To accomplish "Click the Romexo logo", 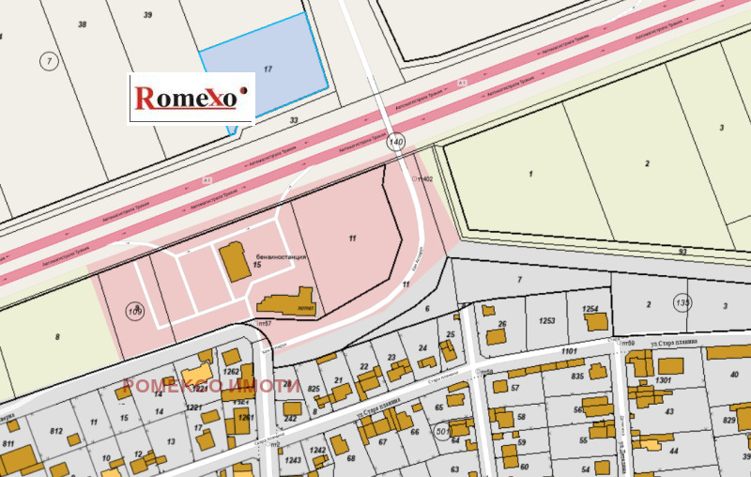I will click(191, 97).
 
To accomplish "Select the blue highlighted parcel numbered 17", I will click(268, 68).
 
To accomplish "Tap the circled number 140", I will click(396, 142).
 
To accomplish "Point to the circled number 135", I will click(682, 302).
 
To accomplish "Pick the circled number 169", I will click(136, 311).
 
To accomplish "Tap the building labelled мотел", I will click(286, 302).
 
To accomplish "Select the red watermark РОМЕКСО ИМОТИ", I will click(212, 386).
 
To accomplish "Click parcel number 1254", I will click(590, 309).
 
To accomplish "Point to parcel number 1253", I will click(546, 320).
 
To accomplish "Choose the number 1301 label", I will click(664, 380).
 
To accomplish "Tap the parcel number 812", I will click(55, 432).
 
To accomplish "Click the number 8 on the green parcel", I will click(57, 336).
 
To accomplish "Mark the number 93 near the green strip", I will click(682, 251).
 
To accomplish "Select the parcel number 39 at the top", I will click(147, 16).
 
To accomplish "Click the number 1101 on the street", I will click(569, 351).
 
